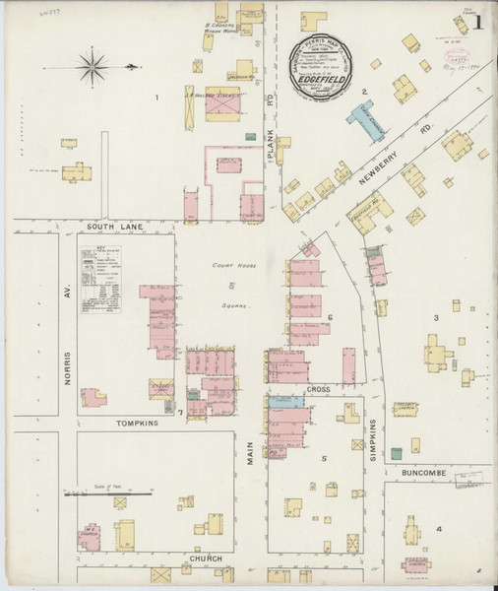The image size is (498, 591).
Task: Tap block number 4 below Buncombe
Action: pyautogui.click(x=439, y=529)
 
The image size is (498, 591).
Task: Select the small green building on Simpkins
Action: pyautogui.click(x=396, y=452)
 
